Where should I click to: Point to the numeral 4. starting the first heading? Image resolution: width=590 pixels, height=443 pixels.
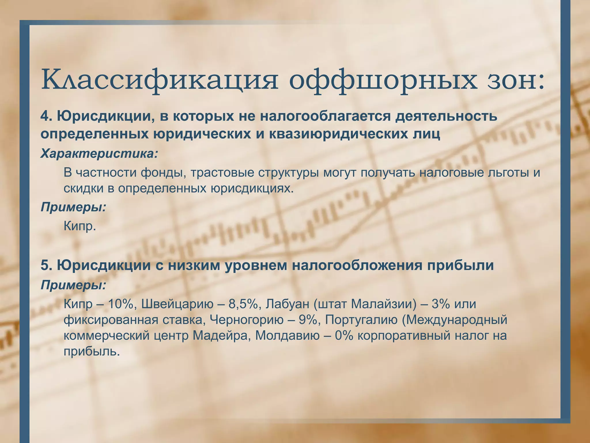(x=46, y=116)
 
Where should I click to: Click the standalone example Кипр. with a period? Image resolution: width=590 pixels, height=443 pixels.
(x=80, y=226)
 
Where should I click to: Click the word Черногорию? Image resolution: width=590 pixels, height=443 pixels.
(x=247, y=320)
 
